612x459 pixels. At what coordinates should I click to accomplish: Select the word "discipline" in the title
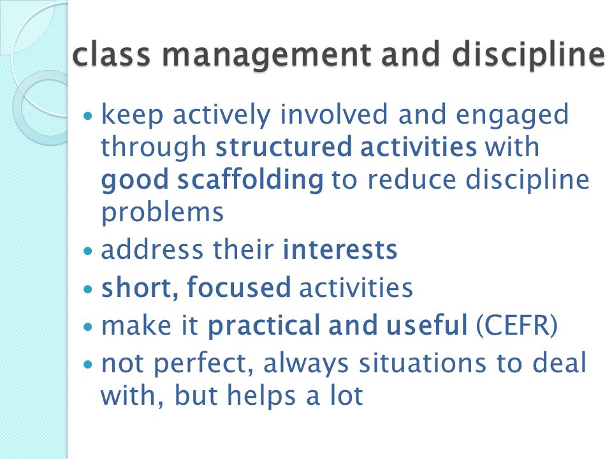528,55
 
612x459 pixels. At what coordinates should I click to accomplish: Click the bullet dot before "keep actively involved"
88,116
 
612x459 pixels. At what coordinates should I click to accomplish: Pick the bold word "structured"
284,147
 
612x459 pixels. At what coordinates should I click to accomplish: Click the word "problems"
163,214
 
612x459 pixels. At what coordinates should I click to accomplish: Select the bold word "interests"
340,250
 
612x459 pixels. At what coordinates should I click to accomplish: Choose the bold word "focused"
239,287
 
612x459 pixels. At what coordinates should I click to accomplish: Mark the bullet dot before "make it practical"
88,326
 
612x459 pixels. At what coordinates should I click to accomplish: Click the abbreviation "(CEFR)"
517,325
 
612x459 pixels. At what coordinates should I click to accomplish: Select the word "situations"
423,363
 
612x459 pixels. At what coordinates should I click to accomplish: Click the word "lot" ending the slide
347,395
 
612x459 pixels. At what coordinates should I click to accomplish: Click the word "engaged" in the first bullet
512,116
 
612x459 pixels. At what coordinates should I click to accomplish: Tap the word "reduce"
412,180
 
